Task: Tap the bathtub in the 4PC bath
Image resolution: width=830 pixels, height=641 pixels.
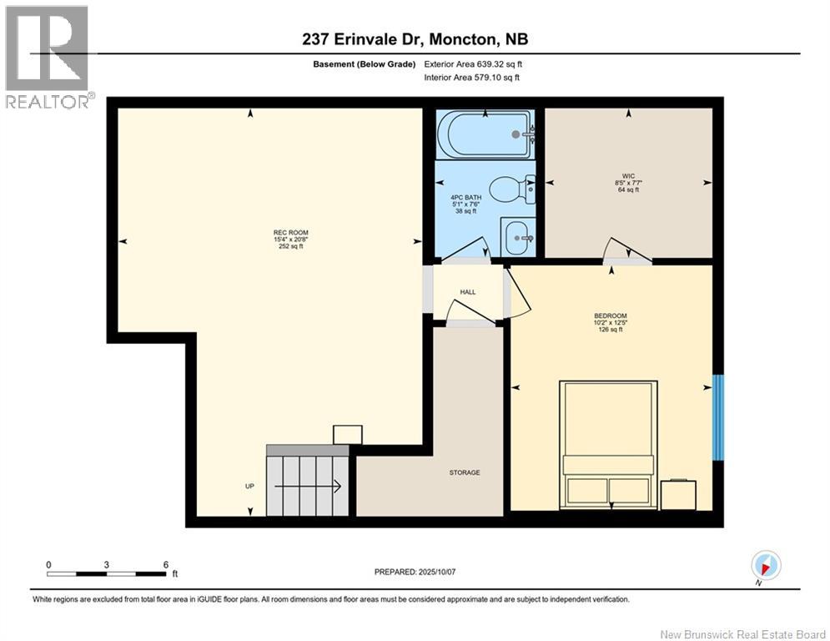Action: click(485, 134)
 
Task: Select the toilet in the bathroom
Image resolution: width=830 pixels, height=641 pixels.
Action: click(511, 189)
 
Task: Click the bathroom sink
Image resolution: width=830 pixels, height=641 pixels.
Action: click(519, 237)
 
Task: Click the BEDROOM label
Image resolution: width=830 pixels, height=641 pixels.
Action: click(611, 315)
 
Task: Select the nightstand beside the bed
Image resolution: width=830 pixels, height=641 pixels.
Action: click(677, 495)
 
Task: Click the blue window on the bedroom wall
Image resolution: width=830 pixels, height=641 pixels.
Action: click(718, 418)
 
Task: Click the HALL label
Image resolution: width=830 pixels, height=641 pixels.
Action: click(468, 292)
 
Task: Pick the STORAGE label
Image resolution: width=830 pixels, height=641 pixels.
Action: click(465, 472)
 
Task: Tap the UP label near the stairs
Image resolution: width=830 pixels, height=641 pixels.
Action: click(249, 486)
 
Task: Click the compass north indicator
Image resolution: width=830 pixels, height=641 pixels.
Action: click(766, 566)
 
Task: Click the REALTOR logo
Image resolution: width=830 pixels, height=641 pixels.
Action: click(48, 58)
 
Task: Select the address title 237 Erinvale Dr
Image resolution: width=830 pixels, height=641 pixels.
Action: click(414, 39)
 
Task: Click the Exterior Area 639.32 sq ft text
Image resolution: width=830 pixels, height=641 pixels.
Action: click(473, 63)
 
